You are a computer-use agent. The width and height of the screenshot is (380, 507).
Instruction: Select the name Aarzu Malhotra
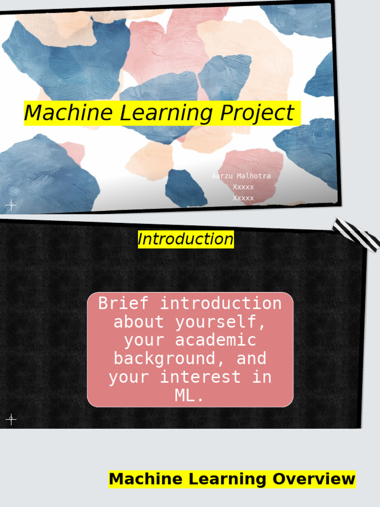(241, 176)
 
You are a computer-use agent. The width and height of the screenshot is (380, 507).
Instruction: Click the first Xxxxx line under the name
(243, 187)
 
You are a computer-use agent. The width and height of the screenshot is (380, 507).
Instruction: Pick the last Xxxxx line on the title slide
(243, 198)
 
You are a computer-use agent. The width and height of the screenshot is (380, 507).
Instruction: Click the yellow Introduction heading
(186, 240)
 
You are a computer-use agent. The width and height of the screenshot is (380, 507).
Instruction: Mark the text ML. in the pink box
(190, 396)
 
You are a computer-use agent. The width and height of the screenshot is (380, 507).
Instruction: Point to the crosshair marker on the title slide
(11, 205)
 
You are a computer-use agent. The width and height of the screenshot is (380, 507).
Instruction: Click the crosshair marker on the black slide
(11, 420)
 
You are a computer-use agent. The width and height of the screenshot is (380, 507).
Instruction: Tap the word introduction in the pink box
(220, 303)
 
